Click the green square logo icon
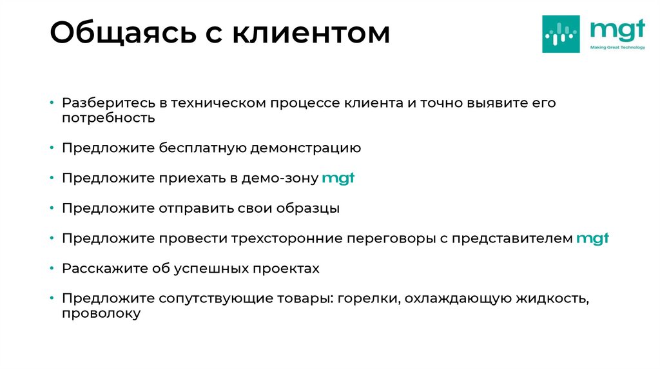click(561, 34)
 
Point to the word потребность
click(109, 118)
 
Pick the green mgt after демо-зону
click(338, 179)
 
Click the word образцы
click(307, 209)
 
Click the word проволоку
click(101, 314)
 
